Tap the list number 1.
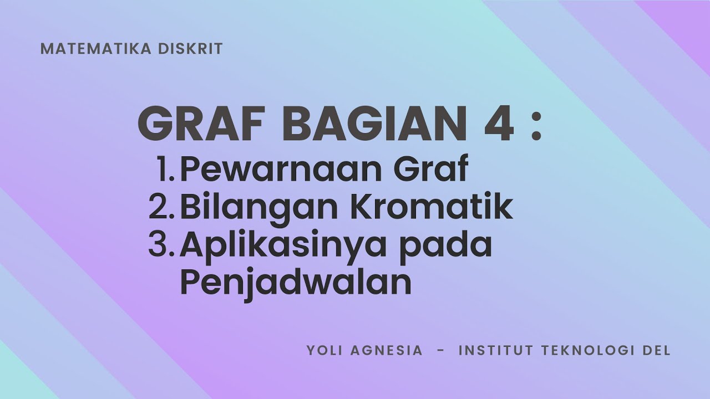(165, 170)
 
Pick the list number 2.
(162, 208)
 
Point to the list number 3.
(162, 245)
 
